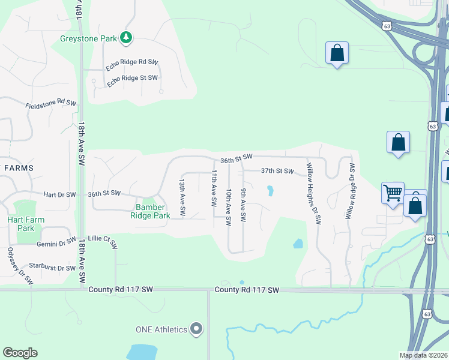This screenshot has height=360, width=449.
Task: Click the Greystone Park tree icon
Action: click(125, 38)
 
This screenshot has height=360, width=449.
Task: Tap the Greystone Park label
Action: click(89, 38)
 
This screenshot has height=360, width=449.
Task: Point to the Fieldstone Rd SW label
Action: click(51, 104)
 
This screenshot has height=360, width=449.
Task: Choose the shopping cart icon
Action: click(393, 194)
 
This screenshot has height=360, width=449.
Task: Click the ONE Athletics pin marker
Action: click(196, 328)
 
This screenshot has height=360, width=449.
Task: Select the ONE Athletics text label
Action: click(161, 329)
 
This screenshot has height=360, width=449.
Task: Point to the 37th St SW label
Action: click(277, 172)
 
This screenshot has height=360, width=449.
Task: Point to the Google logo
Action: click(20, 353)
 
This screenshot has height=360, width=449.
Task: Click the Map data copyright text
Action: click(423, 355)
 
